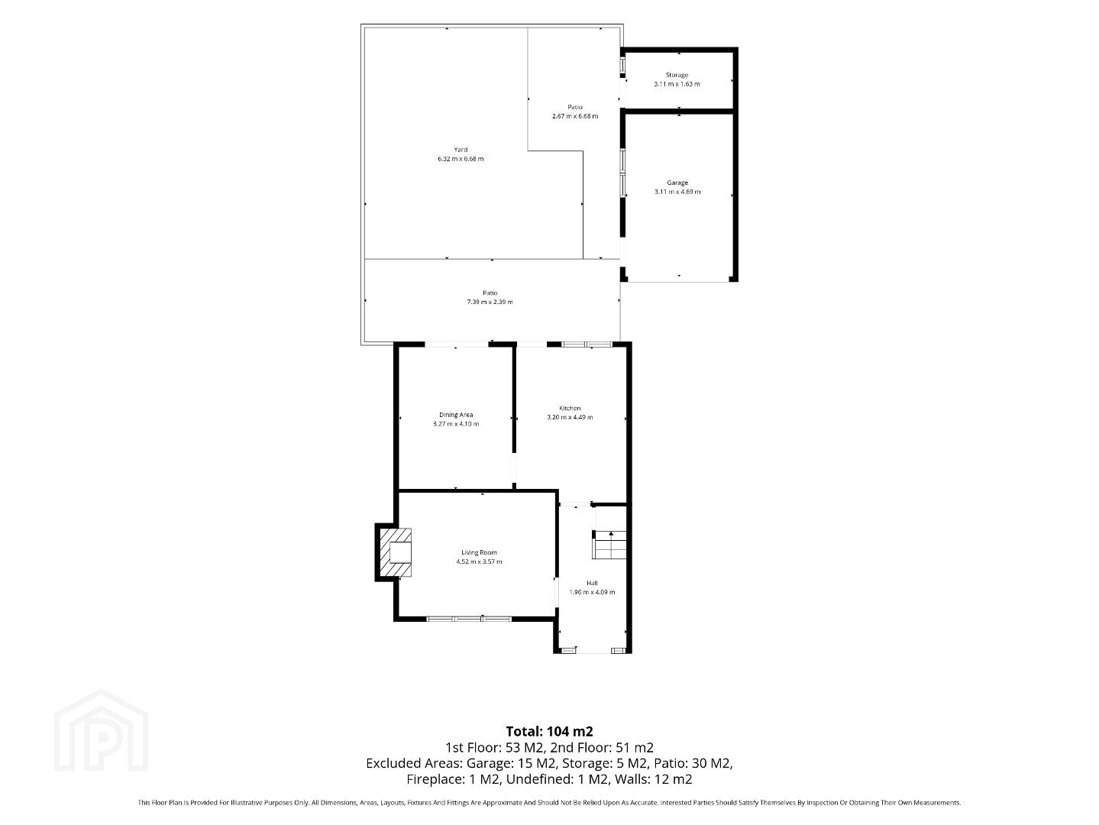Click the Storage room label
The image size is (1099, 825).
(x=677, y=75)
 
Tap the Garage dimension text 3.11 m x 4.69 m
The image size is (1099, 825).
(x=677, y=192)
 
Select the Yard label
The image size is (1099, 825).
(x=461, y=150)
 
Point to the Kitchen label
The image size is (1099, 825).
(x=570, y=408)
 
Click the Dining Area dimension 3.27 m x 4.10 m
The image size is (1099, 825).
(x=456, y=424)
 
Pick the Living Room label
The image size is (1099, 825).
(x=479, y=552)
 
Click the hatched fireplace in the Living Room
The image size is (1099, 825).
(x=396, y=552)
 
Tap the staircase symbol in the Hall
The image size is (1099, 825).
(x=609, y=545)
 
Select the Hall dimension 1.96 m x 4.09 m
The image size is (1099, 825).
(x=592, y=592)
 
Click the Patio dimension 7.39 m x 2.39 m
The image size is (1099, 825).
(x=490, y=302)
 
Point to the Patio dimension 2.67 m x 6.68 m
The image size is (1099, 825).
(x=575, y=116)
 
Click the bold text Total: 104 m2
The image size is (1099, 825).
(x=549, y=731)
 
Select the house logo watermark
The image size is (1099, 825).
(x=101, y=730)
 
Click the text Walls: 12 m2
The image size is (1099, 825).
(x=654, y=779)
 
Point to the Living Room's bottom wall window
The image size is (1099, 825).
(x=469, y=620)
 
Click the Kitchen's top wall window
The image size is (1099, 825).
(x=587, y=345)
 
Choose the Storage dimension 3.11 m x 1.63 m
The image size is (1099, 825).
(x=677, y=84)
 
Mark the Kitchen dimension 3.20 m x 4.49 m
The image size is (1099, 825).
(x=570, y=417)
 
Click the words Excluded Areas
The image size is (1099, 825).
(x=414, y=763)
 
